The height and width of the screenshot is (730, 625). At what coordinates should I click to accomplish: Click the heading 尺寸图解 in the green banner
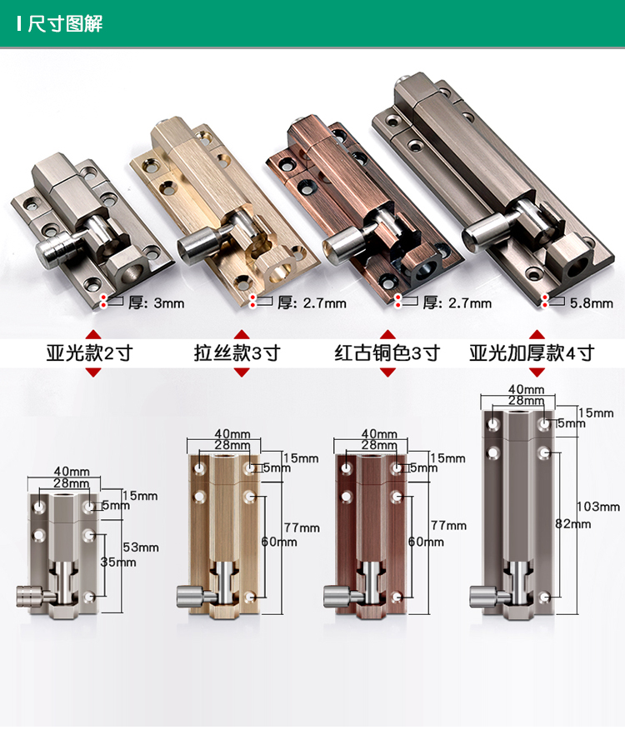click(65, 23)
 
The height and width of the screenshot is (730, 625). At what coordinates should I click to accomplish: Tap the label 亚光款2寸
click(89, 353)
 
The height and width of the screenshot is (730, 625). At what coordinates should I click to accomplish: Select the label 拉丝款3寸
click(237, 353)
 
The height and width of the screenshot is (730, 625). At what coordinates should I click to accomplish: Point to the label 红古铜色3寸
click(387, 353)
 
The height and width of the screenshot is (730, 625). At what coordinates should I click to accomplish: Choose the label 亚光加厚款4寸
click(532, 353)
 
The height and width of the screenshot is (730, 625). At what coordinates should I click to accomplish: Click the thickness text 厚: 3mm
click(157, 303)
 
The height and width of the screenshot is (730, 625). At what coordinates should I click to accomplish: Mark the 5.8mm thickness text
click(592, 303)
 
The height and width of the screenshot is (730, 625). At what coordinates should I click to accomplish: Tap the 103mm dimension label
click(598, 507)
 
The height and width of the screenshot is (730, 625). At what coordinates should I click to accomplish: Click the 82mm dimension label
click(572, 524)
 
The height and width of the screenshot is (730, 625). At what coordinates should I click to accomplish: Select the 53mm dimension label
click(141, 547)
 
